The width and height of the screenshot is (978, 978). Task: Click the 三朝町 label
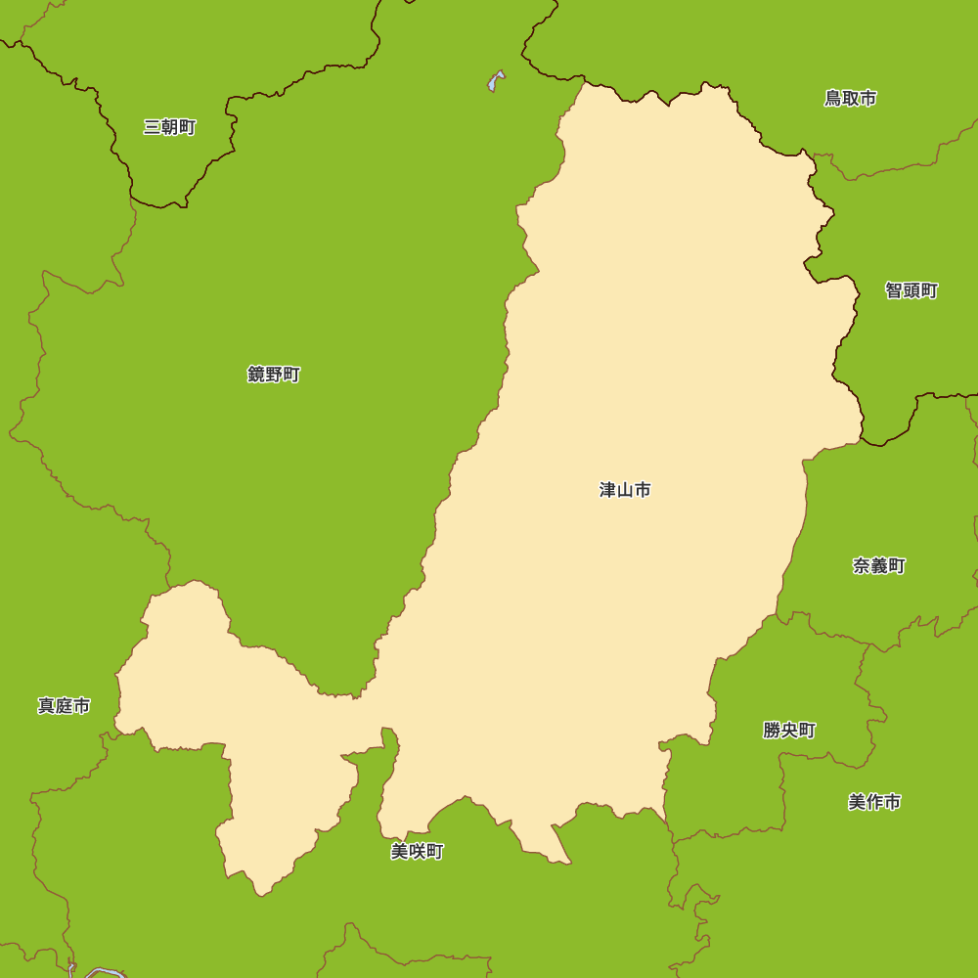coord(170,127)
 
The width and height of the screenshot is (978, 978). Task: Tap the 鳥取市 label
coord(850,98)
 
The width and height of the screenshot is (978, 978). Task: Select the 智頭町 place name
coord(911,290)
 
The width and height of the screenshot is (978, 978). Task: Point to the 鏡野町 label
coord(274,375)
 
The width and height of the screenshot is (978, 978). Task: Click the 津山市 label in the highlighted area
coord(625,490)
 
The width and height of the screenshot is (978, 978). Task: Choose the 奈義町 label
coord(878,566)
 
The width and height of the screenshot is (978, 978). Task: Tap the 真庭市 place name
coord(65,706)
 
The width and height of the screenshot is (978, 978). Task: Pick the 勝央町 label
coord(789,731)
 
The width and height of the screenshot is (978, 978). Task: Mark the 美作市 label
coord(874,803)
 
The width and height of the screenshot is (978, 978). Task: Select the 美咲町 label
coord(418,852)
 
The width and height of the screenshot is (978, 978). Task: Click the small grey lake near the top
coord(497,80)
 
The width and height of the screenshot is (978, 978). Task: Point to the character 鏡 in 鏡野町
coord(256,375)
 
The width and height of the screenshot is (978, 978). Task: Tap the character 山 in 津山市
coord(625,490)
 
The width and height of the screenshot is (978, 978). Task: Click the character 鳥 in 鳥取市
coord(832,98)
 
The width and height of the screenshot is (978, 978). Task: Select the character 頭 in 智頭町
coord(911,290)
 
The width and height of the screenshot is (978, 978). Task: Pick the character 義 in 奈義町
coord(878,566)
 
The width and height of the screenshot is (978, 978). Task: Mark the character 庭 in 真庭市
coord(65,706)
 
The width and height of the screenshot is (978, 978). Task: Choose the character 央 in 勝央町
coord(789,731)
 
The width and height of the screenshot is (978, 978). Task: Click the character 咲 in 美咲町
coord(418,852)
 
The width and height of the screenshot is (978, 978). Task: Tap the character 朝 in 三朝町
coord(170,127)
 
